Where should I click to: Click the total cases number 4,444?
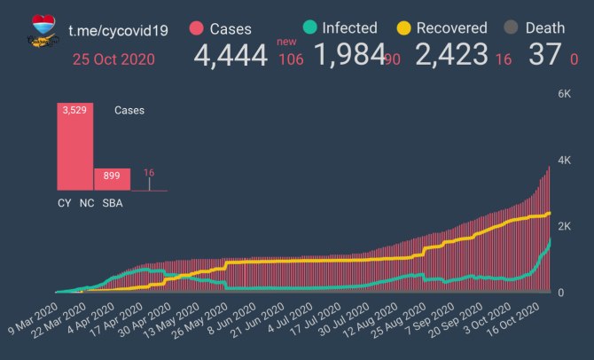(231, 57)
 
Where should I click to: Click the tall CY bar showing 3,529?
(75, 147)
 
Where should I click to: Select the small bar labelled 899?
(113, 179)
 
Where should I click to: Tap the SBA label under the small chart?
(113, 203)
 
